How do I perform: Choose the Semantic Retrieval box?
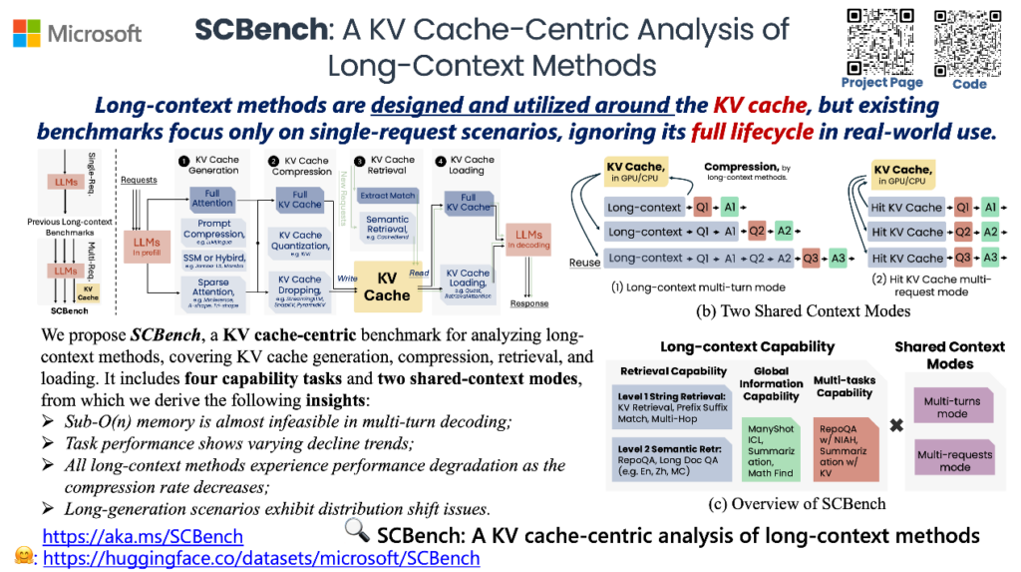pos(387,227)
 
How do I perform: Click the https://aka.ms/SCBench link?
pos(144,535)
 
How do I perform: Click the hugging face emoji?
pos(20,557)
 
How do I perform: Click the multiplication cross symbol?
pos(896,424)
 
